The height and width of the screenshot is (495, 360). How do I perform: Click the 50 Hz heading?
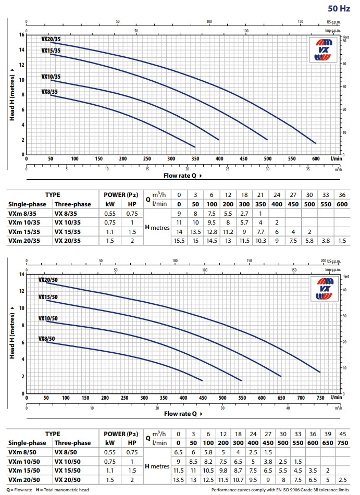pos(339,8)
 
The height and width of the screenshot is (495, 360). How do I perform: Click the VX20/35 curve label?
pos(51,39)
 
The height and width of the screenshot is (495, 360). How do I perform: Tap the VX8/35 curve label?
pos(50,92)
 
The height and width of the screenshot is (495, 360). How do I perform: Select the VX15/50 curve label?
pos(48,297)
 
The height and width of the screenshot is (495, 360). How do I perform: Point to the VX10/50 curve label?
pos(48,318)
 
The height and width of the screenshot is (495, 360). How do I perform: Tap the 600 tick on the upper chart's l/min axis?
pos(315,159)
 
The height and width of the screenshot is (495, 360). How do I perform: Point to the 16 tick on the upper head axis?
pos(22,35)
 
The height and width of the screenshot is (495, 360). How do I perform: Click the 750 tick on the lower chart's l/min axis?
pos(320,398)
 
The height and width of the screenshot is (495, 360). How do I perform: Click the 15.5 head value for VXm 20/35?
pos(179,240)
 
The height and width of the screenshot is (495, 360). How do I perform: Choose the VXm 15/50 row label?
pos(22,471)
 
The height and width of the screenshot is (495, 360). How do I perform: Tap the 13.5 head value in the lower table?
pos(179,480)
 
